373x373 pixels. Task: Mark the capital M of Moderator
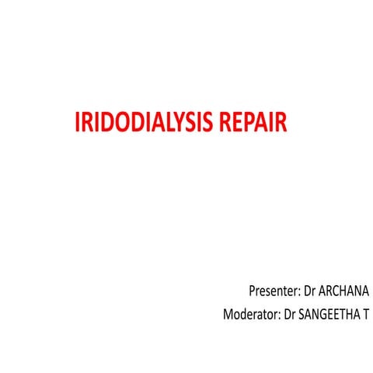(x=228, y=315)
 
